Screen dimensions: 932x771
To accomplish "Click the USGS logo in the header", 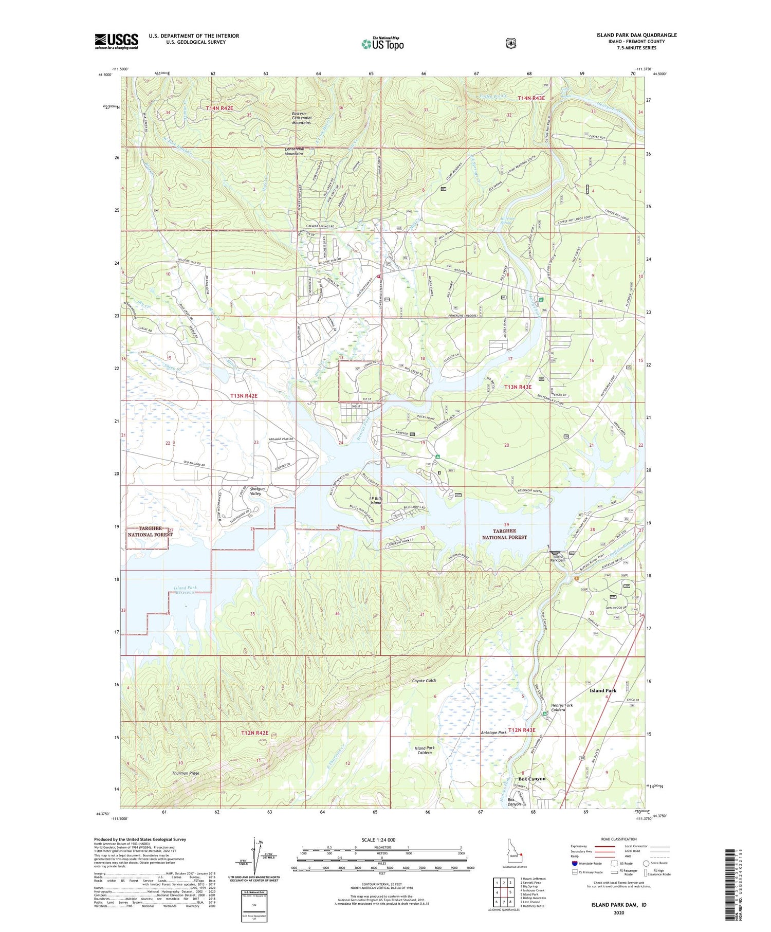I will [116, 41].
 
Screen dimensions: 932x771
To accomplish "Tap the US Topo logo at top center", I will [382, 43].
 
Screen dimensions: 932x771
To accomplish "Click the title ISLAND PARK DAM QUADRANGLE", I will [636, 35].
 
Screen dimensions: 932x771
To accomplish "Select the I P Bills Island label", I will [376, 500].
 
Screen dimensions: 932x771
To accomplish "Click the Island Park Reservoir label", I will [185, 590].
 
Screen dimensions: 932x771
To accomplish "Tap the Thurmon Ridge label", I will [185, 773].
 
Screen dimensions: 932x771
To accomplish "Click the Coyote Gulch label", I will [424, 681].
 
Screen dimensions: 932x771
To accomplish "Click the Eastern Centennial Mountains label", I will [302, 118].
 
